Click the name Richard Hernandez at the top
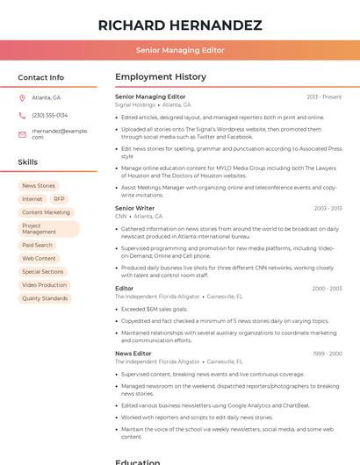pyautogui.click(x=180, y=25)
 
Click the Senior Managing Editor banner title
pyautogui.click(x=180, y=51)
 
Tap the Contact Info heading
pyautogui.click(x=41, y=77)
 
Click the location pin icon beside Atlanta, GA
pyautogui.click(x=22, y=97)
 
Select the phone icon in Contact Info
pyautogui.click(x=22, y=115)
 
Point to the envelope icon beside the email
pyautogui.click(x=22, y=133)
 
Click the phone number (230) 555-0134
pyautogui.click(x=50, y=115)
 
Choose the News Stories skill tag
pyautogui.click(x=39, y=186)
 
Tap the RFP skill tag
pyautogui.click(x=60, y=199)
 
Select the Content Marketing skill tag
pyautogui.click(x=46, y=212)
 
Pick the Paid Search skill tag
pyautogui.click(x=37, y=246)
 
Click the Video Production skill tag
pyautogui.click(x=44, y=285)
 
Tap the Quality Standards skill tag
pyautogui.click(x=45, y=298)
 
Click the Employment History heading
pyautogui.click(x=161, y=77)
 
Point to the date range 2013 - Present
pyautogui.click(x=324, y=97)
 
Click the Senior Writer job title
pyautogui.click(x=135, y=209)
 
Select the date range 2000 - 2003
pyautogui.click(x=327, y=289)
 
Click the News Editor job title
pyautogui.click(x=133, y=354)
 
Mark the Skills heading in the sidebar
pyautogui.click(x=28, y=162)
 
